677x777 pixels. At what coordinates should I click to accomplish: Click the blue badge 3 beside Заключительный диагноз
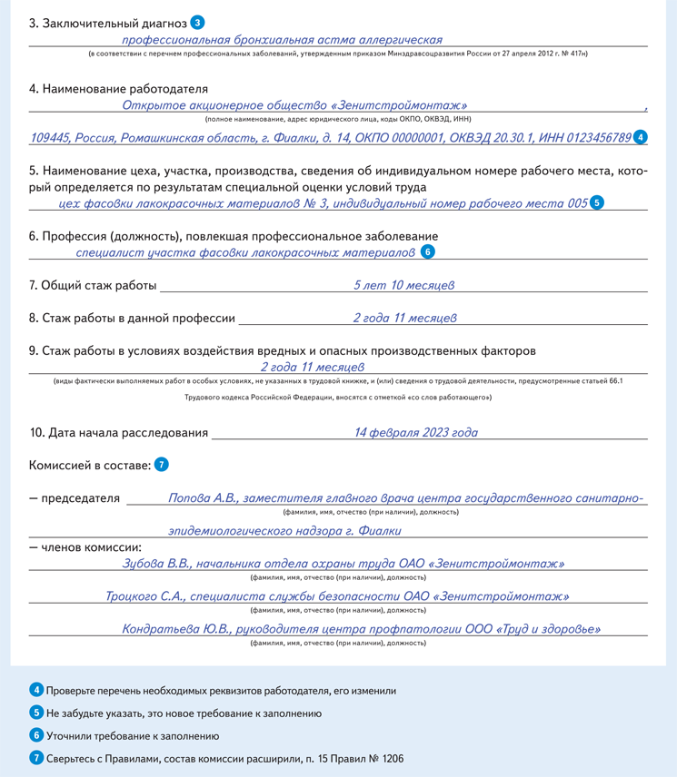198,22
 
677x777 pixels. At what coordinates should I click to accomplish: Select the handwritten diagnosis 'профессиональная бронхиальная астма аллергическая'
282,40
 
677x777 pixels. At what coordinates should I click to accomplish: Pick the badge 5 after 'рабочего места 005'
597,203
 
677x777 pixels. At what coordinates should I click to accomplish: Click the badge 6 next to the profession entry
428,251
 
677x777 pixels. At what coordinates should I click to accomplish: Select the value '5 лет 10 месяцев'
403,285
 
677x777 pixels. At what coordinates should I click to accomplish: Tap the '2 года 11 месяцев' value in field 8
404,318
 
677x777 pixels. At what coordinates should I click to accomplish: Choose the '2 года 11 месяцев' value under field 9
312,367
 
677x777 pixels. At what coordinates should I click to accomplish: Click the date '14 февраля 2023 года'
415,433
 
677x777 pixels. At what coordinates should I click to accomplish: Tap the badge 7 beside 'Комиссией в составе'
161,465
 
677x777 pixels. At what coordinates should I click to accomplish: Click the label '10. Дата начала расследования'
118,434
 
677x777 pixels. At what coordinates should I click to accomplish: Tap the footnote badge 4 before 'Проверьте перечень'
36,691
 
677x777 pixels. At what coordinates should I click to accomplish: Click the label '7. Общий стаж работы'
93,286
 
